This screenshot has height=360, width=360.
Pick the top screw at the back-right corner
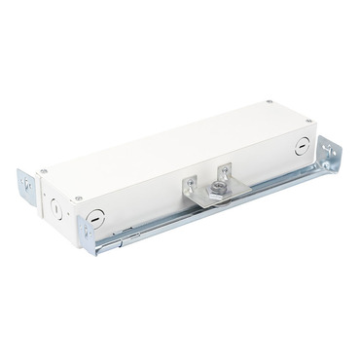(x=268, y=101)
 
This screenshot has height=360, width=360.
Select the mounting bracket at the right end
(x=330, y=161)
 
